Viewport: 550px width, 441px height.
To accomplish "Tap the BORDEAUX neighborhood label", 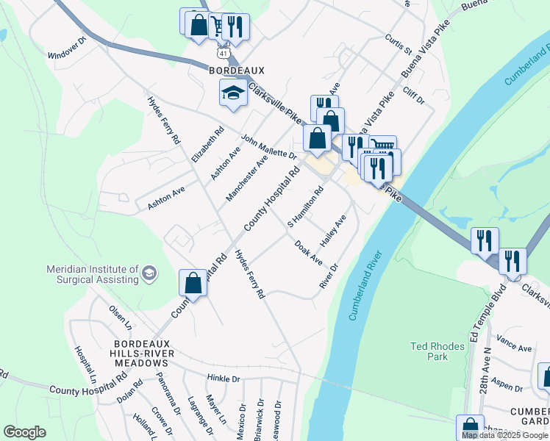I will [x=236, y=71].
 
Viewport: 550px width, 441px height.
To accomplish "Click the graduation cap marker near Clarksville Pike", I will [x=233, y=93].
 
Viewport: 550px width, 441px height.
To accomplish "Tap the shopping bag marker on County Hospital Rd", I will [x=193, y=282].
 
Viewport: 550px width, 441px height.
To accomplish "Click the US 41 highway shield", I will [x=223, y=54].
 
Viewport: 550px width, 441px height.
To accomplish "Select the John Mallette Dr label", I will [x=268, y=146].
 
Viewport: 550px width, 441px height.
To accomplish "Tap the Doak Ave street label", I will [x=308, y=252].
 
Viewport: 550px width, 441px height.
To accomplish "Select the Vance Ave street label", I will [x=514, y=343].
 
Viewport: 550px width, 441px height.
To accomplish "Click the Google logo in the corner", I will [x=24, y=431].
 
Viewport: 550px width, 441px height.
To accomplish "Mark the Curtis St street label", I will [x=399, y=44].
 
